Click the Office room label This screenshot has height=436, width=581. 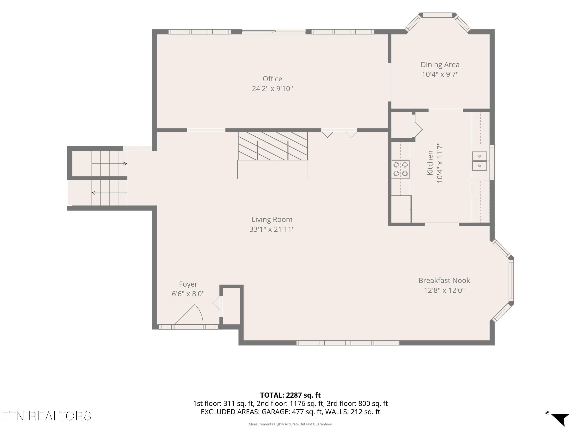click(272, 79)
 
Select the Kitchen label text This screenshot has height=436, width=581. click(430, 163)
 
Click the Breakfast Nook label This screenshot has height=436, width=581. click(444, 280)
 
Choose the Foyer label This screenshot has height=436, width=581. click(188, 284)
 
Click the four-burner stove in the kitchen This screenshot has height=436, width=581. click(401, 169)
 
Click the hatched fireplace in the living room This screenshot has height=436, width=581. click(273, 146)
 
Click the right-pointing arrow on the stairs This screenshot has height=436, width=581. click(109, 164)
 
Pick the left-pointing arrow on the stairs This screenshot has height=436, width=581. click(109, 193)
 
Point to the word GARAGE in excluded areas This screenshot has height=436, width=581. click(276, 412)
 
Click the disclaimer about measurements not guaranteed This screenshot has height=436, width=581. click(290, 424)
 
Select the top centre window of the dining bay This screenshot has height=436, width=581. click(437, 15)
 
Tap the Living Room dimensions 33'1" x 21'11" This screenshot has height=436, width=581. click(272, 229)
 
